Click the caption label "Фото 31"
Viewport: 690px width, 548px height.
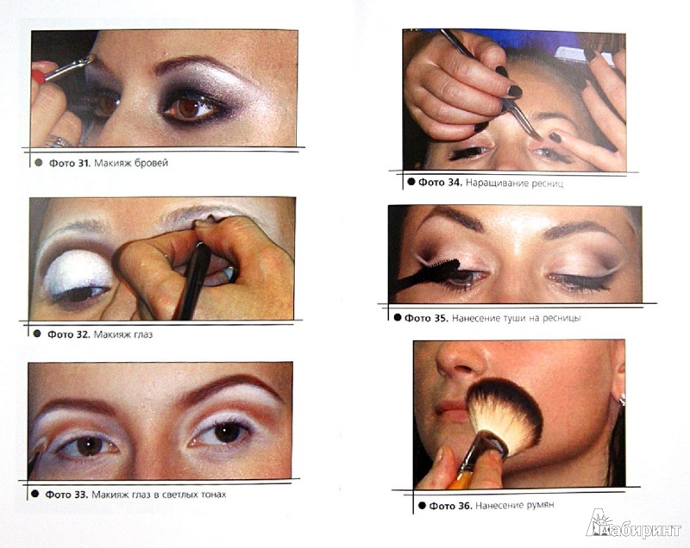[x=69, y=163]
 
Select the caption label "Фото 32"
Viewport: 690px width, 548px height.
[x=68, y=334]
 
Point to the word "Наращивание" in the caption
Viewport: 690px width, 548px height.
[x=497, y=183]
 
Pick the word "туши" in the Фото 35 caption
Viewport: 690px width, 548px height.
[x=515, y=318]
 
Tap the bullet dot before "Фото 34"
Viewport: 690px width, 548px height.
[x=411, y=182]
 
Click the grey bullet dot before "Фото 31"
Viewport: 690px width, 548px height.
[x=38, y=163]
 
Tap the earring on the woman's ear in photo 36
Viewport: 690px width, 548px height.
[x=622, y=399]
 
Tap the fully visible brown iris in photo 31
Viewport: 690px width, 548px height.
[x=190, y=108]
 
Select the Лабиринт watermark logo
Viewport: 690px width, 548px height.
[x=633, y=525]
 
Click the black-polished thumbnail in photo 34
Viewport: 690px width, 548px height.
[x=514, y=91]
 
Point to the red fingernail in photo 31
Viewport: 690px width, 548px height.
[x=38, y=77]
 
